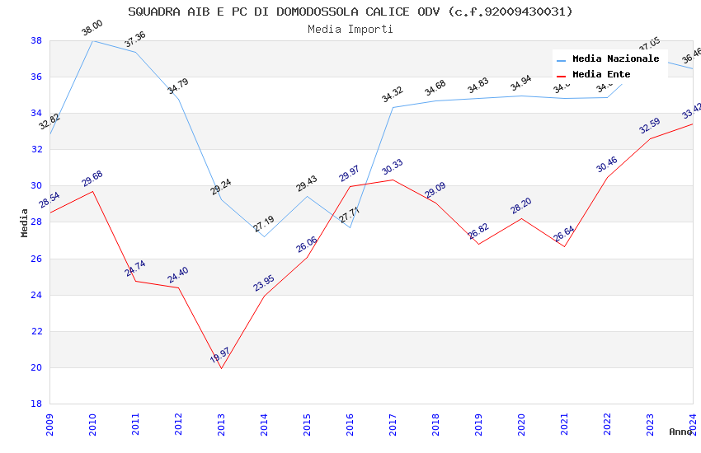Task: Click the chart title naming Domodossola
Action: click(x=350, y=12)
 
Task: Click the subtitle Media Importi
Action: click(x=350, y=29)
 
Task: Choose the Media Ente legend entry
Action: click(x=601, y=74)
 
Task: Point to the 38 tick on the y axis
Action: click(x=36, y=40)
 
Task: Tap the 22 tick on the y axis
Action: click(x=36, y=331)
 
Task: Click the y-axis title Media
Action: click(x=24, y=222)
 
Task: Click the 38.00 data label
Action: click(x=92, y=29)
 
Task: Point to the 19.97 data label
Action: click(x=220, y=356)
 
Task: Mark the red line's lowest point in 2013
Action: click(x=221, y=368)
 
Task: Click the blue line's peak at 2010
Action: click(x=92, y=40)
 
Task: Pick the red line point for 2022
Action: click(x=607, y=177)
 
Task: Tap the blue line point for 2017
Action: click(x=393, y=107)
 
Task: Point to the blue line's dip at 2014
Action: click(x=264, y=236)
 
